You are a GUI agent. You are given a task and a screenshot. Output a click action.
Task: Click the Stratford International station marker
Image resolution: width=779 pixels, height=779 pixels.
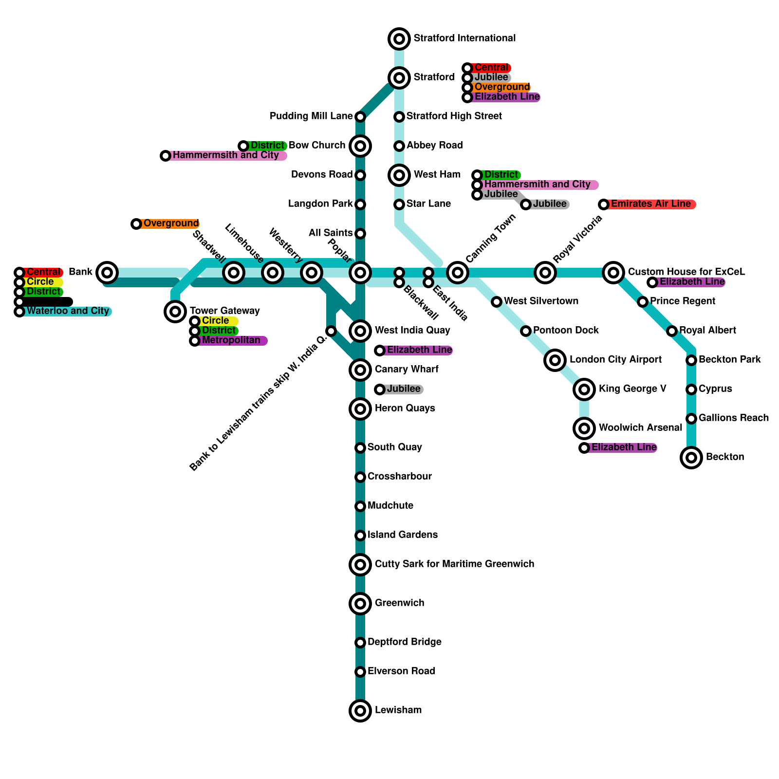(x=399, y=38)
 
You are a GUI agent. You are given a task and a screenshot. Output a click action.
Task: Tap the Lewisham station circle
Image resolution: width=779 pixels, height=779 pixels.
(x=360, y=710)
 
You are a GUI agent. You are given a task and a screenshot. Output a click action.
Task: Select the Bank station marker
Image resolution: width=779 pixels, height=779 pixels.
(x=107, y=272)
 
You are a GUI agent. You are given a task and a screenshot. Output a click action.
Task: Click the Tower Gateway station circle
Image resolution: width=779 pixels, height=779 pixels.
(x=175, y=311)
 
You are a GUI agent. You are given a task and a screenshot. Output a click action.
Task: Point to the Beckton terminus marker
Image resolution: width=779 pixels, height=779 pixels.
(x=691, y=457)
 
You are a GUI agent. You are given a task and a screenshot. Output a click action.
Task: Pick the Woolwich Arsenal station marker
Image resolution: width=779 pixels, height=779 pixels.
(x=584, y=428)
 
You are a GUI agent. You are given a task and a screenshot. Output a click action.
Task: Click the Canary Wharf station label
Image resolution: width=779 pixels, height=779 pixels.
(x=407, y=369)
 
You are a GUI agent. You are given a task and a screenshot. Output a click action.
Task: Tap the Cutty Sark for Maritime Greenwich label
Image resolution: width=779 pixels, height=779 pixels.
(x=454, y=564)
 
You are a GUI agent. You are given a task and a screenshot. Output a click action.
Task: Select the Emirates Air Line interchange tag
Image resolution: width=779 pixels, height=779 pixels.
(x=649, y=204)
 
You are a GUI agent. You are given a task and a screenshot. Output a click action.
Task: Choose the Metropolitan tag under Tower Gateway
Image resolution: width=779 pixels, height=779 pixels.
(x=230, y=340)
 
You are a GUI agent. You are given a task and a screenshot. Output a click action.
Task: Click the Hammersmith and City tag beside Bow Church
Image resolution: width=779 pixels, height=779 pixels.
(x=225, y=155)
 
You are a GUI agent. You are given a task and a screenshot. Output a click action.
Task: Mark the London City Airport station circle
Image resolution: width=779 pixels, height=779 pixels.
(x=555, y=360)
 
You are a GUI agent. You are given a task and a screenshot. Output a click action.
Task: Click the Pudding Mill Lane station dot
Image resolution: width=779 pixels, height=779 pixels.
(x=360, y=116)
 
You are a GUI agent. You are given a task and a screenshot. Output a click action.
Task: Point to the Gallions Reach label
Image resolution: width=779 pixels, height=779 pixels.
(x=733, y=418)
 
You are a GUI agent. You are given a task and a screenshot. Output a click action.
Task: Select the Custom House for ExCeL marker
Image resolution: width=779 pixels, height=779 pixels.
(x=613, y=272)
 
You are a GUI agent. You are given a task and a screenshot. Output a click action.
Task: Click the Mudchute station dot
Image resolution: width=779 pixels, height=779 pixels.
(x=360, y=506)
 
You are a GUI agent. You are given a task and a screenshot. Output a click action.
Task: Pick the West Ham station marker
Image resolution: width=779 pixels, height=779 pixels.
(x=399, y=175)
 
